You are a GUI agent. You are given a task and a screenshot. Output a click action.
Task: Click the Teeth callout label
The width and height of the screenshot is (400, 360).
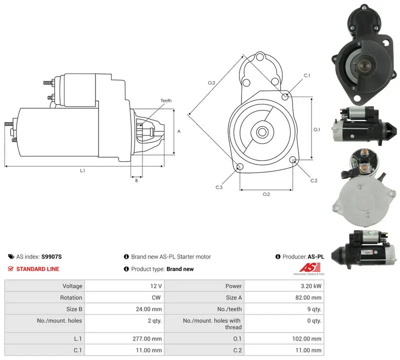(166, 100)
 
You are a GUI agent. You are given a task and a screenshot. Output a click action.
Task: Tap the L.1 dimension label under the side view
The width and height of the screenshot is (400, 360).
(82, 170)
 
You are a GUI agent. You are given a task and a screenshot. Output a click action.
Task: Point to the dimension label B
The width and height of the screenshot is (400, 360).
(136, 180)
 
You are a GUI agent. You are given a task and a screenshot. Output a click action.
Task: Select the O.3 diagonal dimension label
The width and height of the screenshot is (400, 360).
(211, 82)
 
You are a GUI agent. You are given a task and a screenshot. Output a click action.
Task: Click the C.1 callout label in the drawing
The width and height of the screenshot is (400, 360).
(307, 75)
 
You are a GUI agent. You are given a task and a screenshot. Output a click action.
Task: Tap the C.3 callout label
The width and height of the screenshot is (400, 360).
(219, 187)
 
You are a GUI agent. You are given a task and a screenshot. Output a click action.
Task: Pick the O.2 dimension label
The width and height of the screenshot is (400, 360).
(266, 194)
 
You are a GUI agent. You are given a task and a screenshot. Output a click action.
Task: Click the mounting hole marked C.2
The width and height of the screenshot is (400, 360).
(293, 160)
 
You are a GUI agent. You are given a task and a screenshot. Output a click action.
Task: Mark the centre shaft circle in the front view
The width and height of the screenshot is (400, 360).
(261, 132)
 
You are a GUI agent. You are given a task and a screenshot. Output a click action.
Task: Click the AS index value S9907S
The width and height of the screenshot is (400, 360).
(51, 256)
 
